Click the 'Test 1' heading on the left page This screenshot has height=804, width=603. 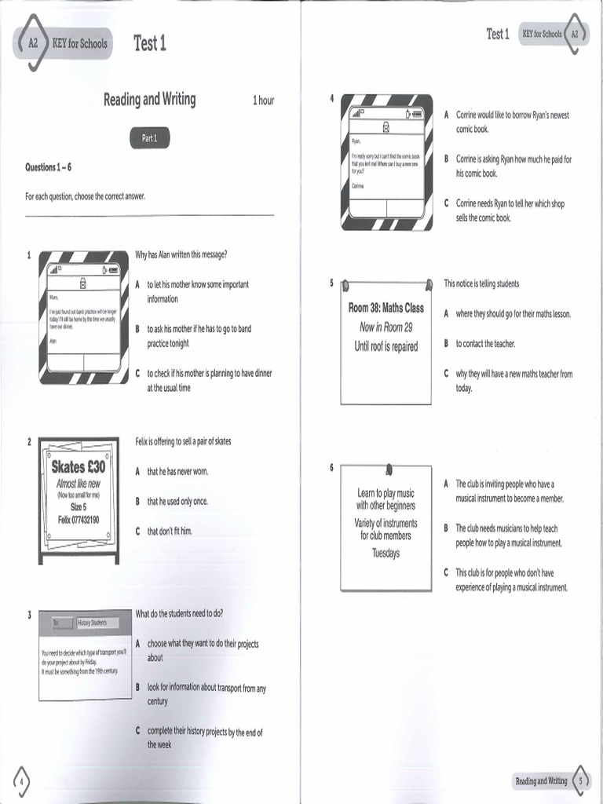[x=149, y=43]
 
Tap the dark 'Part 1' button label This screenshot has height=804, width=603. [x=149, y=138]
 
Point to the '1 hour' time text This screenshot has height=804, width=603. [x=263, y=100]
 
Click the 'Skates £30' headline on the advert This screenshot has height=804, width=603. [x=78, y=467]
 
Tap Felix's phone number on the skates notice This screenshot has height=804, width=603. [x=78, y=520]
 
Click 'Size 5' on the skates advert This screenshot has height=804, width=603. [x=78, y=507]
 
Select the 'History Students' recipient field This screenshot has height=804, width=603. [x=93, y=623]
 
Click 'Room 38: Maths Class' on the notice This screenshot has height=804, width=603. [x=386, y=308]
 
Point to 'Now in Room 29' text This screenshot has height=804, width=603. [x=386, y=327]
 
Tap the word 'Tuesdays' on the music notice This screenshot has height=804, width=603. [x=386, y=553]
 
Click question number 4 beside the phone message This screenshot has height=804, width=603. [x=331, y=99]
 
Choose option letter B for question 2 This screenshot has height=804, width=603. [x=137, y=501]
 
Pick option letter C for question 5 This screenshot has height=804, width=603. [x=446, y=374]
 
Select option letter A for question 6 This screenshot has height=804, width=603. [x=446, y=484]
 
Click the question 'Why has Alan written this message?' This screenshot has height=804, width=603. [x=181, y=254]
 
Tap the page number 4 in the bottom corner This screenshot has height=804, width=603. [x=22, y=780]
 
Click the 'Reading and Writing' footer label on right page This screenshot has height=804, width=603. [x=541, y=780]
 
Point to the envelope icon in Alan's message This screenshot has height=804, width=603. [x=81, y=268]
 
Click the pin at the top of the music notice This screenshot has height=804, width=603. [x=388, y=470]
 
